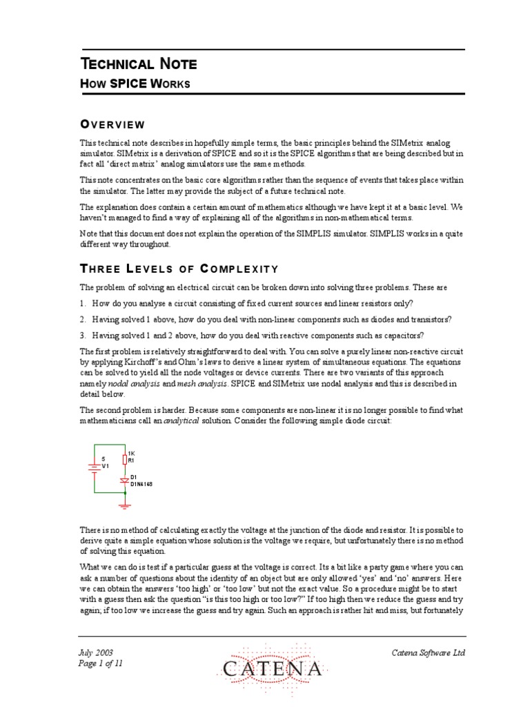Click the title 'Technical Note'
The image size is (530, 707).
pyautogui.click(x=138, y=64)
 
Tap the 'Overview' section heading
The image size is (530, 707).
pyautogui.click(x=112, y=124)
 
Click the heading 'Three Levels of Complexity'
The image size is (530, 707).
pyautogui.click(x=179, y=269)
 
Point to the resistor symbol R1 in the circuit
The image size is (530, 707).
pyautogui.click(x=124, y=459)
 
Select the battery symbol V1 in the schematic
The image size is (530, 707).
pyautogui.click(x=94, y=469)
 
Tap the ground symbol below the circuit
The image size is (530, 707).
pyautogui.click(x=124, y=506)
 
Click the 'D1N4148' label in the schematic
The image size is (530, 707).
pyautogui.click(x=141, y=485)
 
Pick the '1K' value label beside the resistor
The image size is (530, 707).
pyautogui.click(x=132, y=452)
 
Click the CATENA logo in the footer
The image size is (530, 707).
pyautogui.click(x=272, y=668)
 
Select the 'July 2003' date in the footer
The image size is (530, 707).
pyautogui.click(x=97, y=652)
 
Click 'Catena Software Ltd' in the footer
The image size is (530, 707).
pyautogui.click(x=429, y=652)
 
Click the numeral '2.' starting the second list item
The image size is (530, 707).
pyautogui.click(x=82, y=319)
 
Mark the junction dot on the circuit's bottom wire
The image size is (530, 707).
pyautogui.click(x=124, y=492)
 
